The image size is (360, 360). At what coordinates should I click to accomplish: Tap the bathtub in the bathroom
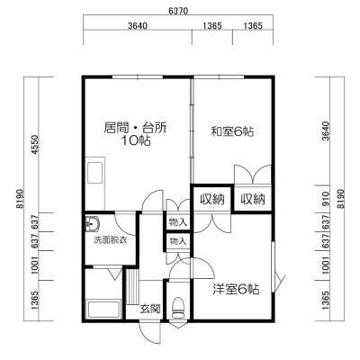pyautogui.click(x=103, y=309)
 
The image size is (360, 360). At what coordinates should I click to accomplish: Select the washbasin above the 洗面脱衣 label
pyautogui.click(x=93, y=224)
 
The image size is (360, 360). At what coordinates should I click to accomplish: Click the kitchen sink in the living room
pyautogui.click(x=95, y=173)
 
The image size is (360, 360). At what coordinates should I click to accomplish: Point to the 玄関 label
pyautogui.click(x=150, y=309)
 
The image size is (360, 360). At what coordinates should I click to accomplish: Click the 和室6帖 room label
pyautogui.click(x=232, y=131)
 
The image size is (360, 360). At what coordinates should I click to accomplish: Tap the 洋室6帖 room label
pyautogui.click(x=236, y=290)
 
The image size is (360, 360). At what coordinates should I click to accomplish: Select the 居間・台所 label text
pyautogui.click(x=135, y=128)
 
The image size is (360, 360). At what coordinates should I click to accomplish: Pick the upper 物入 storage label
pyautogui.click(x=178, y=222)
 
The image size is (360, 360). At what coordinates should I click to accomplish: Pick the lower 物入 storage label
pyautogui.click(x=178, y=241)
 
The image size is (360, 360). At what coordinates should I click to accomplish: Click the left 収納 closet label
pyautogui.click(x=212, y=199)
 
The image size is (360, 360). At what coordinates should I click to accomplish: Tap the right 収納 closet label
pyautogui.click(x=253, y=199)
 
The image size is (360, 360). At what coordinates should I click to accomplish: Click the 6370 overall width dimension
pyautogui.click(x=178, y=12)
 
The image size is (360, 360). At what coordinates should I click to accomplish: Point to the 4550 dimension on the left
pyautogui.click(x=35, y=145)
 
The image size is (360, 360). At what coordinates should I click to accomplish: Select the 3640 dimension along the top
pyautogui.click(x=138, y=26)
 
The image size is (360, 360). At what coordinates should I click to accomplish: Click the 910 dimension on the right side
pyautogui.click(x=326, y=199)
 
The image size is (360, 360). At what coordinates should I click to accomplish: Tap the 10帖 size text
pyautogui.click(x=135, y=140)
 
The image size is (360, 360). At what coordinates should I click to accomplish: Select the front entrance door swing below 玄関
pyautogui.click(x=150, y=333)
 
